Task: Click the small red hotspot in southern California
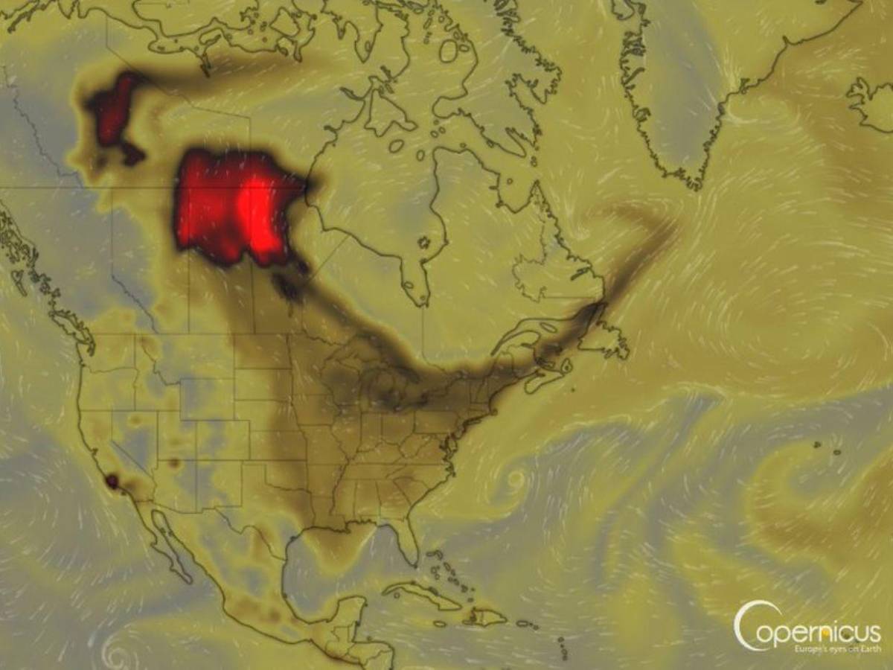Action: [112, 482]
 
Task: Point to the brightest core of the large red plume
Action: [257, 212]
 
